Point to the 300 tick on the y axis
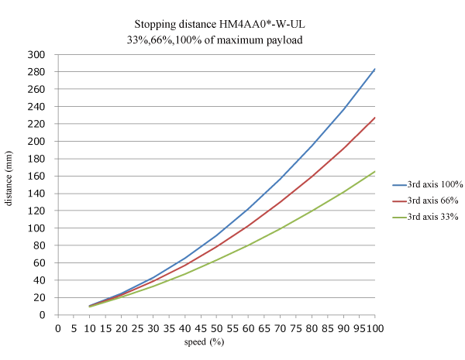(36, 55)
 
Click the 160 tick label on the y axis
(36, 177)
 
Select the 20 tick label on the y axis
(40, 298)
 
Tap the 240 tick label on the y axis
(36, 107)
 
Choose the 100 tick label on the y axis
(36, 228)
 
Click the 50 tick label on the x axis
(216, 327)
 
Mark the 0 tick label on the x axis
(58, 327)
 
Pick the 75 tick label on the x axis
(295, 327)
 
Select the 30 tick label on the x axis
(153, 327)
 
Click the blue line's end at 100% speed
(375, 68)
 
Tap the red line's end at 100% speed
(375, 118)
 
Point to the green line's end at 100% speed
(375, 171)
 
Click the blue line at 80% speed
(312, 145)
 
